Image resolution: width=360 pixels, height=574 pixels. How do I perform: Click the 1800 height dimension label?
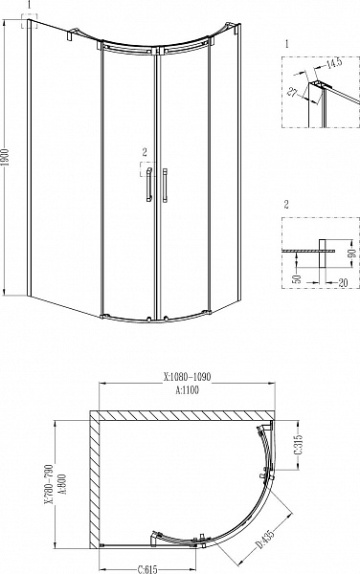[x=7, y=158]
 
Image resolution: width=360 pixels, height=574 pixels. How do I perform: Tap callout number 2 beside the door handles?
[x=144, y=152]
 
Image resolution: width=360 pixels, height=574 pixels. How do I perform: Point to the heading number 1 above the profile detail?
[x=287, y=45]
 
